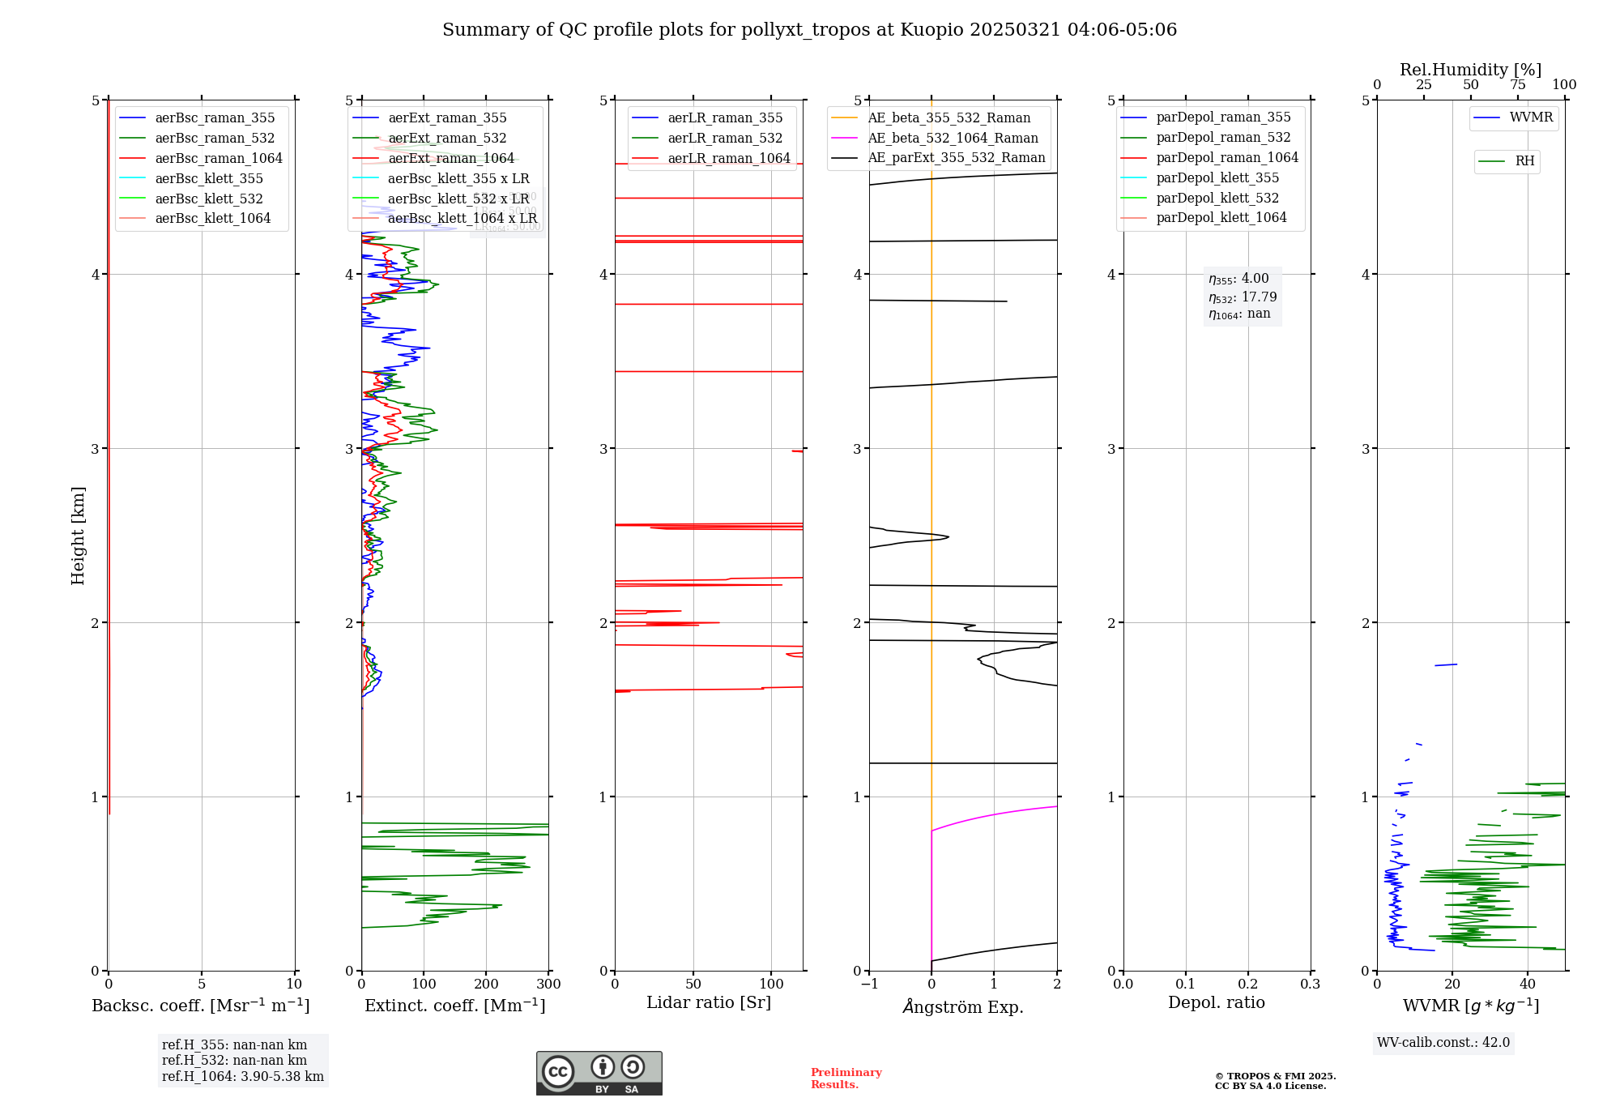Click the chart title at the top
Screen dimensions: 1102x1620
point(809,30)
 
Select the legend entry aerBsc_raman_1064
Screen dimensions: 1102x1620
point(219,158)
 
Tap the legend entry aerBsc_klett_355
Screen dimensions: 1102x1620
point(209,178)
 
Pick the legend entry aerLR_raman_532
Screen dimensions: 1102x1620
point(725,138)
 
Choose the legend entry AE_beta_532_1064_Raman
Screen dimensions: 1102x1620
point(953,138)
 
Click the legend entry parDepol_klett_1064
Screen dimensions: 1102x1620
point(1221,217)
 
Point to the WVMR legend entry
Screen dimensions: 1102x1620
point(1531,117)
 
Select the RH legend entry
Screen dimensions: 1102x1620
point(1524,161)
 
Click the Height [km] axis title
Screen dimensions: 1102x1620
point(78,535)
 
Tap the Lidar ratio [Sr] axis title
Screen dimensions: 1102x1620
point(709,1002)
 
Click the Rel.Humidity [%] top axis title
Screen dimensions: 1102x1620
point(1470,70)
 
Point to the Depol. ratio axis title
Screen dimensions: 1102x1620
point(1216,1002)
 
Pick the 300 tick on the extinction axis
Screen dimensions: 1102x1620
point(548,984)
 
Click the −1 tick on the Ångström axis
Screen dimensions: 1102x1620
point(869,984)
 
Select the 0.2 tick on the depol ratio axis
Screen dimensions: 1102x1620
point(1248,984)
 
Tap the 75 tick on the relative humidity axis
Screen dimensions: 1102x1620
point(1518,85)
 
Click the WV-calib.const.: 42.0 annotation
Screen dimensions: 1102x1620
point(1443,1042)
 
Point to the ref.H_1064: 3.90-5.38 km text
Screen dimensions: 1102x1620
point(242,1076)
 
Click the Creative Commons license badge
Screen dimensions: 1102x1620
point(599,1073)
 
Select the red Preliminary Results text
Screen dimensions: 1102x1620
point(846,1078)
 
